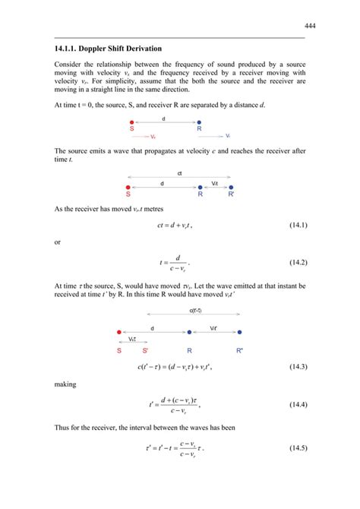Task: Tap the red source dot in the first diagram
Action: (x=131, y=122)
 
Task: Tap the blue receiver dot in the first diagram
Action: (x=199, y=122)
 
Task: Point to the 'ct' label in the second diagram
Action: (x=180, y=174)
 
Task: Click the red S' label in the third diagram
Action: (x=145, y=351)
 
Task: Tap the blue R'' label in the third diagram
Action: (x=240, y=351)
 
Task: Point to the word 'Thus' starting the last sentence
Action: (x=63, y=428)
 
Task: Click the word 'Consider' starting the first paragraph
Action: (x=70, y=65)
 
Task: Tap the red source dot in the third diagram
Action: (x=119, y=331)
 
